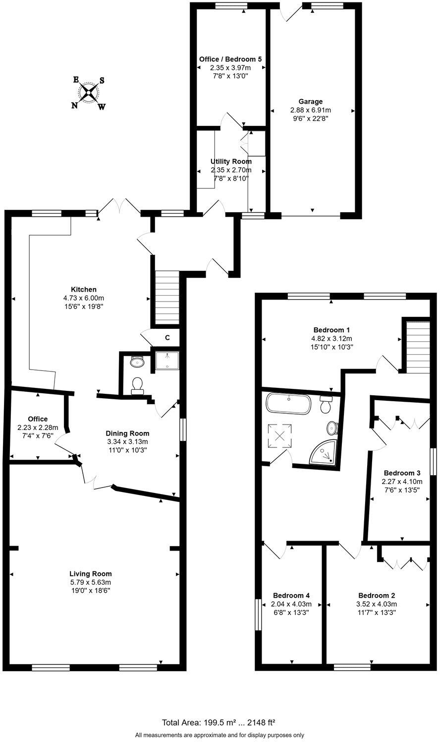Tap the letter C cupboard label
167,338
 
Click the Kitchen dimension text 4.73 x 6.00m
83,298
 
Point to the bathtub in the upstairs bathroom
289,404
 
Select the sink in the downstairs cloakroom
136,362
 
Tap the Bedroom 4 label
291,595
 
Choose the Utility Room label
231,161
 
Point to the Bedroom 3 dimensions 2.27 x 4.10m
402,481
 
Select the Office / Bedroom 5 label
230,59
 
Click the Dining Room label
128,433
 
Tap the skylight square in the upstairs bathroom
279,436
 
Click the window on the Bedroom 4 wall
258,615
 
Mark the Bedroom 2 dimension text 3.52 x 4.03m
377,604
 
